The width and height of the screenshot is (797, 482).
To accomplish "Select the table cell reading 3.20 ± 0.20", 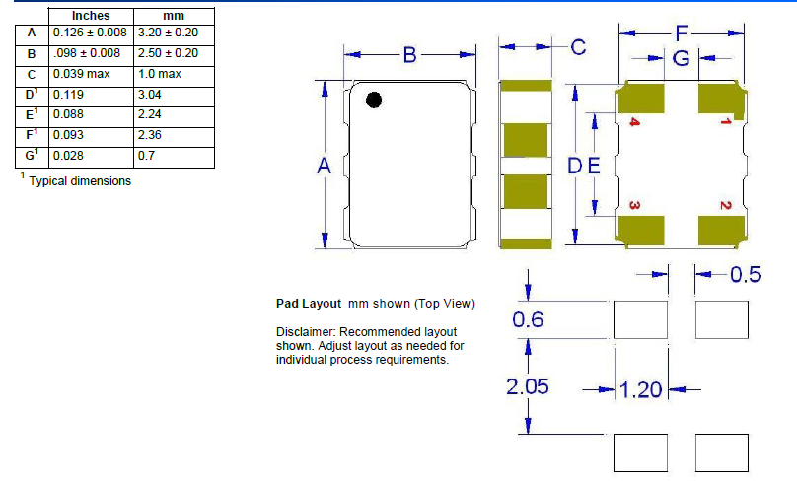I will [167, 33].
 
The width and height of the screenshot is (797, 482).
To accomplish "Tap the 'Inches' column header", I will [91, 15].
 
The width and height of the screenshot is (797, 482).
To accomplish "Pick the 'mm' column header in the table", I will [173, 15].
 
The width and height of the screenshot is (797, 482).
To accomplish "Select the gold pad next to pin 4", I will [640, 100].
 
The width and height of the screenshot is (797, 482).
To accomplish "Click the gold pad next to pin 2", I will [719, 229].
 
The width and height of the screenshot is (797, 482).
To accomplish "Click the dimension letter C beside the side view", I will [579, 46].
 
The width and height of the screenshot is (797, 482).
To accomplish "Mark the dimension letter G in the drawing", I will [681, 59].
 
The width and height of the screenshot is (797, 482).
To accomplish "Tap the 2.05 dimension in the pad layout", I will [528, 386].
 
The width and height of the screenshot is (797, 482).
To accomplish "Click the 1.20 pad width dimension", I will [640, 390].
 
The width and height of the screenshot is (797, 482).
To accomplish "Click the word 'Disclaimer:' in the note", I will [305, 331].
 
